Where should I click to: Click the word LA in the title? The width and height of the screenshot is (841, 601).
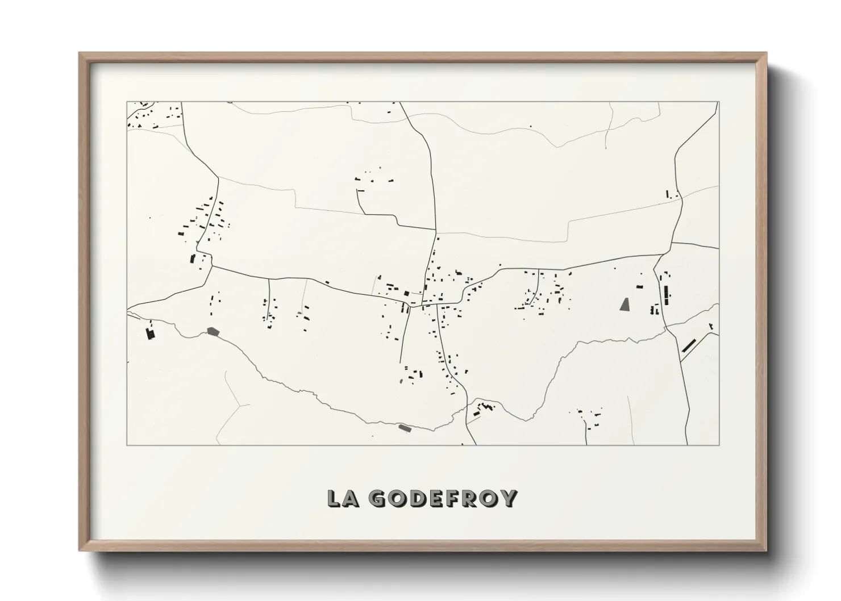[x=344, y=498]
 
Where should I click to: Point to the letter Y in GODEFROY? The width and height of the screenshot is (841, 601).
[x=509, y=498]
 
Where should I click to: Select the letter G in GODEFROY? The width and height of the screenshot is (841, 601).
[x=377, y=498]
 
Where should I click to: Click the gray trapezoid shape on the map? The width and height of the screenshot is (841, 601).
[x=625, y=304]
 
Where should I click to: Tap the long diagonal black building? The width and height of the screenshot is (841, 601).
[x=689, y=345]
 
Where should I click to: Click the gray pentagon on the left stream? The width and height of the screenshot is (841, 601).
[x=213, y=331]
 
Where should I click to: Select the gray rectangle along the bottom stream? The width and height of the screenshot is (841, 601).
[x=404, y=428]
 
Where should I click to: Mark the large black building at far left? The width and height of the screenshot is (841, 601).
[x=151, y=333]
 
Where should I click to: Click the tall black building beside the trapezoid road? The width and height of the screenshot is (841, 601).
[x=665, y=295]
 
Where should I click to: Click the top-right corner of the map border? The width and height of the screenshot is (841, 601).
[x=719, y=102]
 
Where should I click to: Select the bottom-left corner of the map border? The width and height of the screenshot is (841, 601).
[x=127, y=445]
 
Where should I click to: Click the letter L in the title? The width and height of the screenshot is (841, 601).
[x=335, y=498]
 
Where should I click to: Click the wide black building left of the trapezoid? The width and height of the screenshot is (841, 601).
[x=639, y=288]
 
